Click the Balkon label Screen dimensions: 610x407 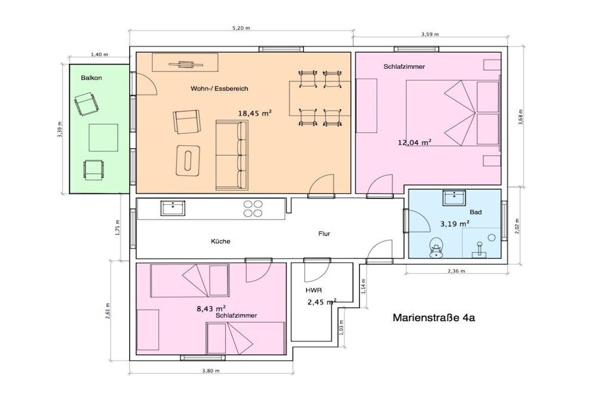pyautogui.click(x=91, y=78)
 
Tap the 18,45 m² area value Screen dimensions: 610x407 pyautogui.click(x=255, y=113)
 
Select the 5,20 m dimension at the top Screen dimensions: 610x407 pyautogui.click(x=241, y=28)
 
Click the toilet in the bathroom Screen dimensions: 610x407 pyautogui.click(x=437, y=248)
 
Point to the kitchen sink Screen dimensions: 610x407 pyautogui.click(x=173, y=208)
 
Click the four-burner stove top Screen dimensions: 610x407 pyautogui.click(x=253, y=209)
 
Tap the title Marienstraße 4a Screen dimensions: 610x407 pyautogui.click(x=434, y=318)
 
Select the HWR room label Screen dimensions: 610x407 pyautogui.click(x=313, y=290)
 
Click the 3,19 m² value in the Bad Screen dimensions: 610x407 pyautogui.click(x=455, y=223)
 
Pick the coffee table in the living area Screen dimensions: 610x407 pyautogui.click(x=188, y=160)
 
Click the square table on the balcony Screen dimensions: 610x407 pyautogui.click(x=104, y=138)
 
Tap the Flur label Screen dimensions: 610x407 pyautogui.click(x=324, y=234)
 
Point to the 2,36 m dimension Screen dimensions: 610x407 pyautogui.click(x=456, y=271)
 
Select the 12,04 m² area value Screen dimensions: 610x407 pyautogui.click(x=415, y=142)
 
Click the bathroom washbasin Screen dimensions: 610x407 pyautogui.click(x=454, y=198)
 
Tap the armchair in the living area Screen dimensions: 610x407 pyautogui.click(x=186, y=122)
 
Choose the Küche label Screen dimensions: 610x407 pyautogui.click(x=220, y=241)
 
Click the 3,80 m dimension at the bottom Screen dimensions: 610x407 pyautogui.click(x=211, y=371)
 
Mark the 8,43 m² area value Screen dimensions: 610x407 pyautogui.click(x=212, y=309)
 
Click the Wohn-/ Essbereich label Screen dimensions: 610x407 pyautogui.click(x=219, y=89)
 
